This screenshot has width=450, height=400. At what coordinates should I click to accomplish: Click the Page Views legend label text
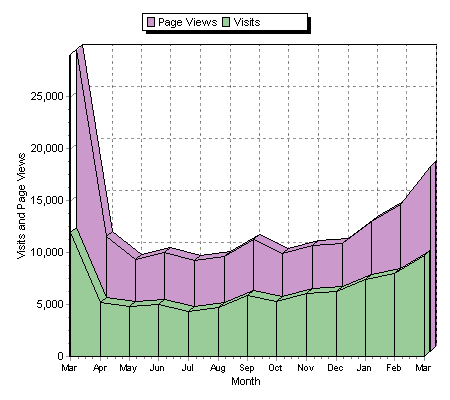187,22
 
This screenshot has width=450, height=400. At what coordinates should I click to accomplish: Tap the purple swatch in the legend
151,22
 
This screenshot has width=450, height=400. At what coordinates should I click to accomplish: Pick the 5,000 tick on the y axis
48,304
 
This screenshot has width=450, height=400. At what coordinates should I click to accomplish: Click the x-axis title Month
245,382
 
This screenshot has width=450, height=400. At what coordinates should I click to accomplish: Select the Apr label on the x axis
99,368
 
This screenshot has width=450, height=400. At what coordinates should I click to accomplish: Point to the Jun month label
157,368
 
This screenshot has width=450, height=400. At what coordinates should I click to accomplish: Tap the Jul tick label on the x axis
187,368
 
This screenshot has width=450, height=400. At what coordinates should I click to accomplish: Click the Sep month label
246,368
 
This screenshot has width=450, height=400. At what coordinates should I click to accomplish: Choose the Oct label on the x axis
275,368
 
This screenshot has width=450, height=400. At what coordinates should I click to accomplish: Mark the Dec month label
334,368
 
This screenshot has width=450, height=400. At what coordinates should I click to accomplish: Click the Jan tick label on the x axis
363,368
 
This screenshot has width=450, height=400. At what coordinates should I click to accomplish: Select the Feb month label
392,368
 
